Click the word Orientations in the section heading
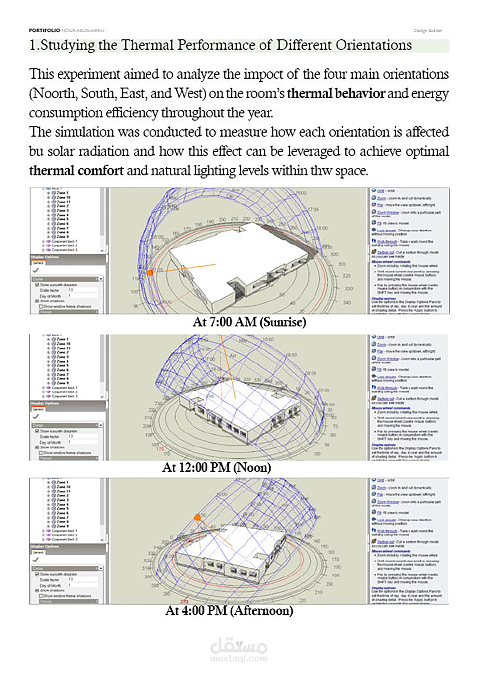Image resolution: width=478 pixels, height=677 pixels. click(x=373, y=45)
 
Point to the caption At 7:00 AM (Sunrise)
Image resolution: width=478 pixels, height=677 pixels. click(x=249, y=322)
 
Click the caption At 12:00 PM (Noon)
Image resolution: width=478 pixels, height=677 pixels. click(x=217, y=467)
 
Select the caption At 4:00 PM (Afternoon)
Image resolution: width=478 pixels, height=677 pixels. click(x=229, y=610)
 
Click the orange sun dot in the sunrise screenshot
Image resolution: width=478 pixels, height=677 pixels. click(x=150, y=272)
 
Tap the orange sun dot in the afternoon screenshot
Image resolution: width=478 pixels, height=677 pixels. click(x=197, y=517)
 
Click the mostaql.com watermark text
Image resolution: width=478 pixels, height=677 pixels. click(x=239, y=658)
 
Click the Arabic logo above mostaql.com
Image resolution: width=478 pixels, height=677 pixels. click(x=239, y=646)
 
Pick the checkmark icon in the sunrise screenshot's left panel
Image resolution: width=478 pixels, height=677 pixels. click(x=36, y=270)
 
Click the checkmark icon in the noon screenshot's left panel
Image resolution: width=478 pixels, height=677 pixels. click(x=36, y=416)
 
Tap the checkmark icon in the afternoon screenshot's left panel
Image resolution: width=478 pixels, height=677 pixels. click(x=36, y=559)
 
